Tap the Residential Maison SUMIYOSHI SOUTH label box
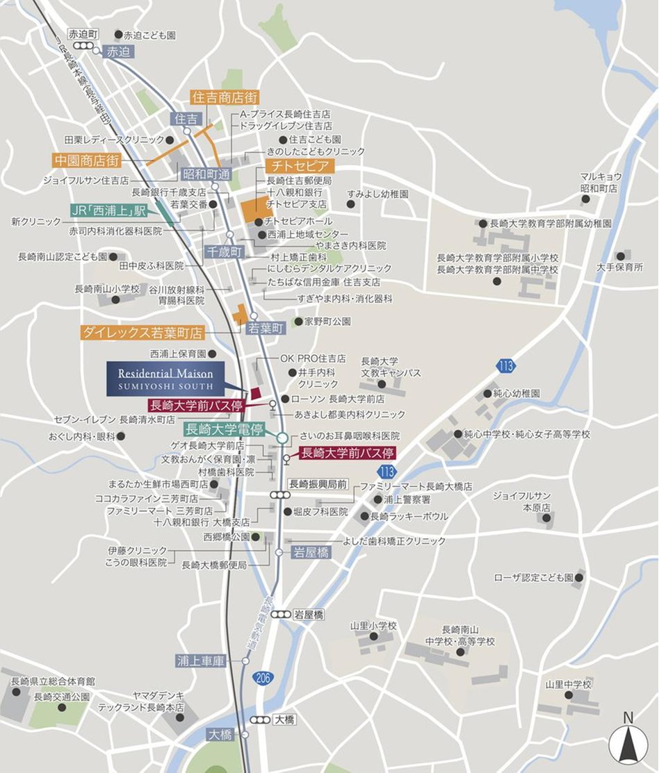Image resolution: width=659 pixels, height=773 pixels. pyautogui.click(x=165, y=379)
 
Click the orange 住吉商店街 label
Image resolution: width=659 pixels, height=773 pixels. pyautogui.click(x=225, y=98)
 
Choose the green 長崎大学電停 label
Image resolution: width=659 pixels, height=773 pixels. pyautogui.click(x=224, y=429)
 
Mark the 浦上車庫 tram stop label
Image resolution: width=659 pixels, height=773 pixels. pyautogui.click(x=201, y=660)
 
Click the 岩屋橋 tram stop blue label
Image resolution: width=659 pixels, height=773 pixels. pyautogui.click(x=311, y=552)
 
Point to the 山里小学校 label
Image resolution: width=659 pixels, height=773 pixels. pyautogui.click(x=373, y=626)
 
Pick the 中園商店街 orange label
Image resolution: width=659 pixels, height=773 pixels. pyautogui.click(x=87, y=160)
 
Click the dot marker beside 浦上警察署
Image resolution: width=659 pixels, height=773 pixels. pyautogui.click(x=377, y=499)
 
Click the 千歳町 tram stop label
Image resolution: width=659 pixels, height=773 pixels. pyautogui.click(x=223, y=252)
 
